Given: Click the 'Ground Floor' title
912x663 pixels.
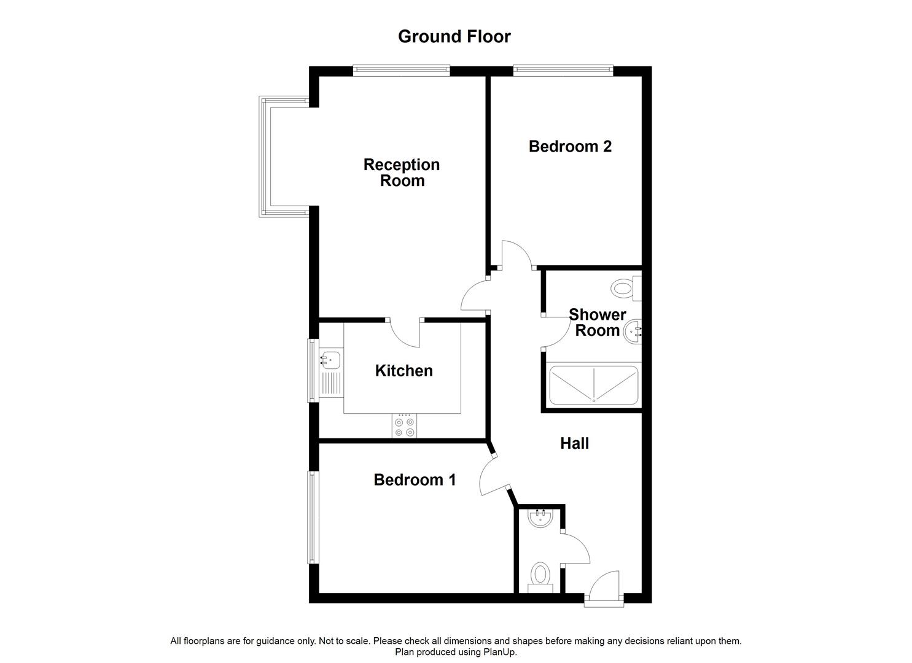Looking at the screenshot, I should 454,37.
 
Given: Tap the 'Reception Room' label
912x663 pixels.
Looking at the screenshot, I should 402,173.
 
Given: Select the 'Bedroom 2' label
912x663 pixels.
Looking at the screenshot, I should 570,147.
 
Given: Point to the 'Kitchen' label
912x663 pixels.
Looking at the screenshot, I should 403,371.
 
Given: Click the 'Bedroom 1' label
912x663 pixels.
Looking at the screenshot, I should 415,479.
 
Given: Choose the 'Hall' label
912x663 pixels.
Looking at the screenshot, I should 574,443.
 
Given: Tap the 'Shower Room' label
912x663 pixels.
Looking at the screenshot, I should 597,323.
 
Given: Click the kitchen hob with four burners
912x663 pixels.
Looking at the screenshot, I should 404,427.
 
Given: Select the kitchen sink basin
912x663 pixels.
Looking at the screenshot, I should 330,359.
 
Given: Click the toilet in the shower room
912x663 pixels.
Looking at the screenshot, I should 624,288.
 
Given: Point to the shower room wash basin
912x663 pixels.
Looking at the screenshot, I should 633,333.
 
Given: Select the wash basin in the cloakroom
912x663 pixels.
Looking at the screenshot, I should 541,518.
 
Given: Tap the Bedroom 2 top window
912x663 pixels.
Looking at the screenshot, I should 563,70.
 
